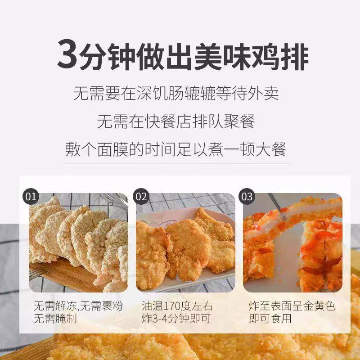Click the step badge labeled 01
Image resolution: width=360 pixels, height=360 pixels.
tap(31, 197)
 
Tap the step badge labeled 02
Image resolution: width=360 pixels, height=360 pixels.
tap(141, 197)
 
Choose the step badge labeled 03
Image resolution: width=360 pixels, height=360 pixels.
tap(247, 197)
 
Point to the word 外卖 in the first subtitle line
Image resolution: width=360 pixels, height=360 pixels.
tap(267, 94)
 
